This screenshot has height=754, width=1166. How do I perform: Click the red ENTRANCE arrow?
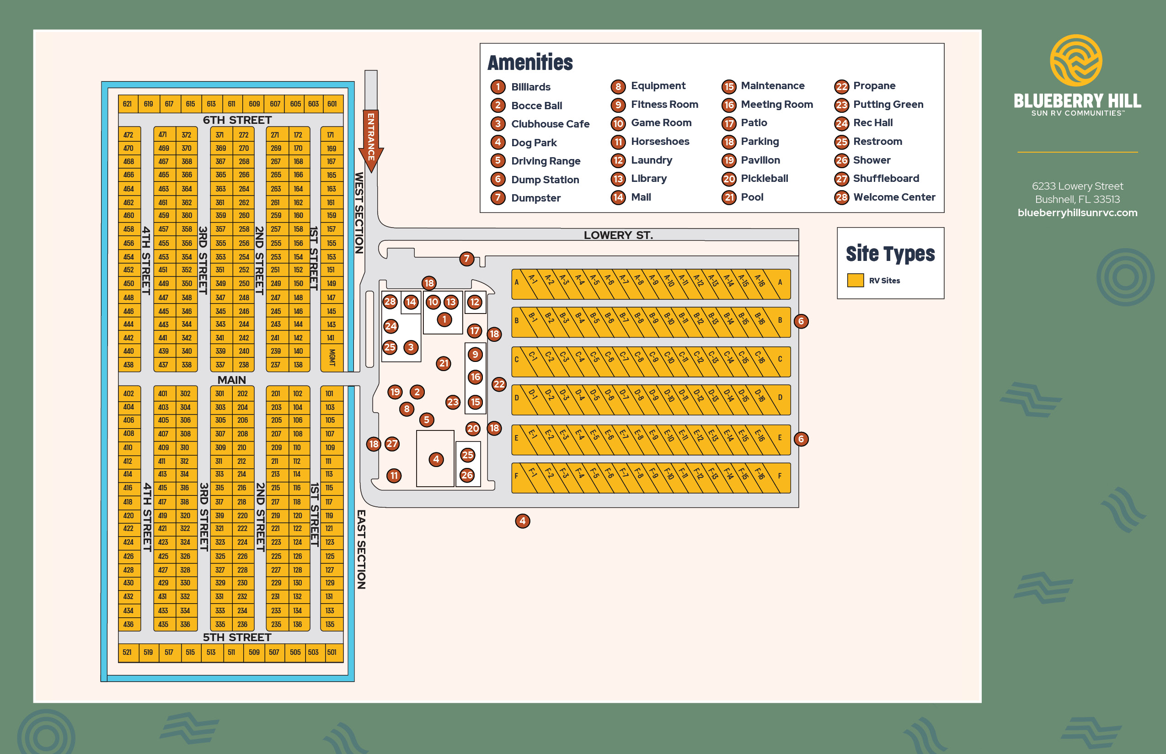[371, 139]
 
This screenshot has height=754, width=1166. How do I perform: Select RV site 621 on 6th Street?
[128, 104]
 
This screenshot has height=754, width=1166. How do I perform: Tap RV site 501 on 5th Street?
[332, 652]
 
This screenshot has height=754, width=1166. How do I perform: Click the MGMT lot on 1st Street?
[332, 357]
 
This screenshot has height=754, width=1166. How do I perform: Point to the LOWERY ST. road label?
[618, 235]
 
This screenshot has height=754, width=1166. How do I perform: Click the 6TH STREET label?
[237, 120]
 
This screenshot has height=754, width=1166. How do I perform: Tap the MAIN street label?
[232, 380]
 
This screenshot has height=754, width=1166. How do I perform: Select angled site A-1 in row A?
[534, 284]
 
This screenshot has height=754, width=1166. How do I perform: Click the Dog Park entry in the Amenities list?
[534, 143]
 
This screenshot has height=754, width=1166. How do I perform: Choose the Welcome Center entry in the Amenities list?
[893, 197]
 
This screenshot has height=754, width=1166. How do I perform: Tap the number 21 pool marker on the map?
[444, 363]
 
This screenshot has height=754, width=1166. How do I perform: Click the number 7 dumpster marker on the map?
[466, 259]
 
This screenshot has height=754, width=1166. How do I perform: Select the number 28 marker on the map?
[390, 302]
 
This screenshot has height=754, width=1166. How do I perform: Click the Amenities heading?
[530, 63]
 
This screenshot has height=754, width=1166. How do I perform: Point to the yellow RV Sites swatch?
[855, 280]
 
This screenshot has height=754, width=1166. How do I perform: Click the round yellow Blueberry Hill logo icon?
[1076, 60]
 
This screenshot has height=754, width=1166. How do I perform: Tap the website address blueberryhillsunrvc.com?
[1077, 212]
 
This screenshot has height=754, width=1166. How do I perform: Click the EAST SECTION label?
[361, 549]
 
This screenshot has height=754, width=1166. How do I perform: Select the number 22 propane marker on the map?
[499, 384]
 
